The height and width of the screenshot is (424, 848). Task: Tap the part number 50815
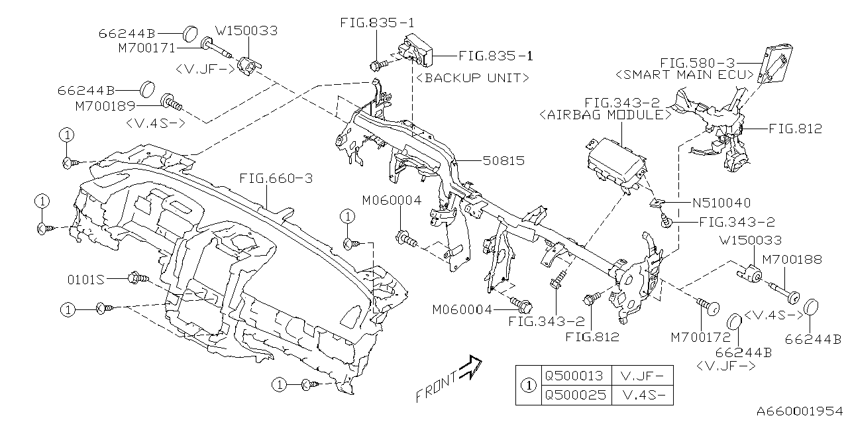tap(503, 161)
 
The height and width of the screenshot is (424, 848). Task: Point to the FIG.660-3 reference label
tap(276, 179)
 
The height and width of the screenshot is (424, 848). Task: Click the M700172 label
tap(701, 337)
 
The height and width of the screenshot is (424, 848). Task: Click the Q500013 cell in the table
tap(574, 376)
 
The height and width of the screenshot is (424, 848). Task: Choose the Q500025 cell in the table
tap(574, 395)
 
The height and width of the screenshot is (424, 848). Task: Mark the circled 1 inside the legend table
tap(528, 385)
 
